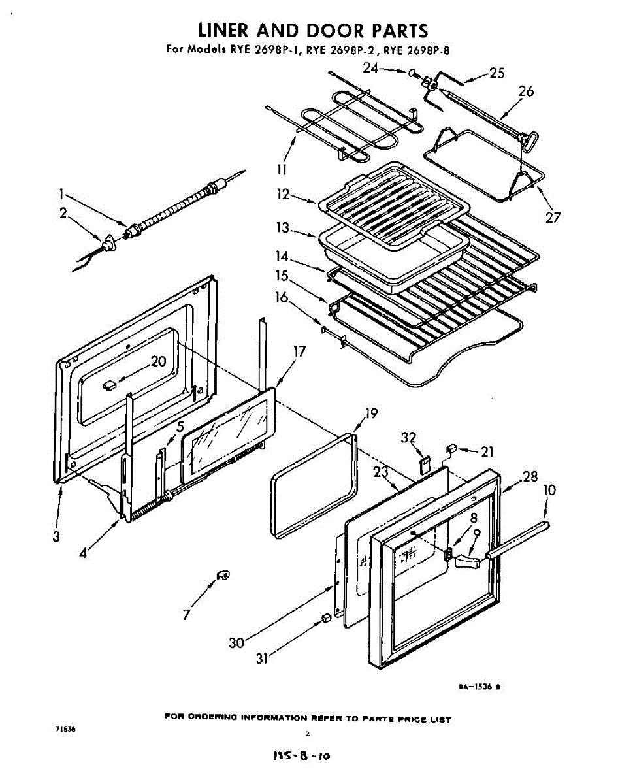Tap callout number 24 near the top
(371, 67)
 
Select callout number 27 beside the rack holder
(553, 218)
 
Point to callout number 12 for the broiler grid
(283, 194)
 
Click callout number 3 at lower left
(57, 536)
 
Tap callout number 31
(262, 659)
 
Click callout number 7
(187, 614)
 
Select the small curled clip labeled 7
(223, 574)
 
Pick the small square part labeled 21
(451, 448)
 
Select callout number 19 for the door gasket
(371, 413)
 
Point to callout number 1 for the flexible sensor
(60, 193)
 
